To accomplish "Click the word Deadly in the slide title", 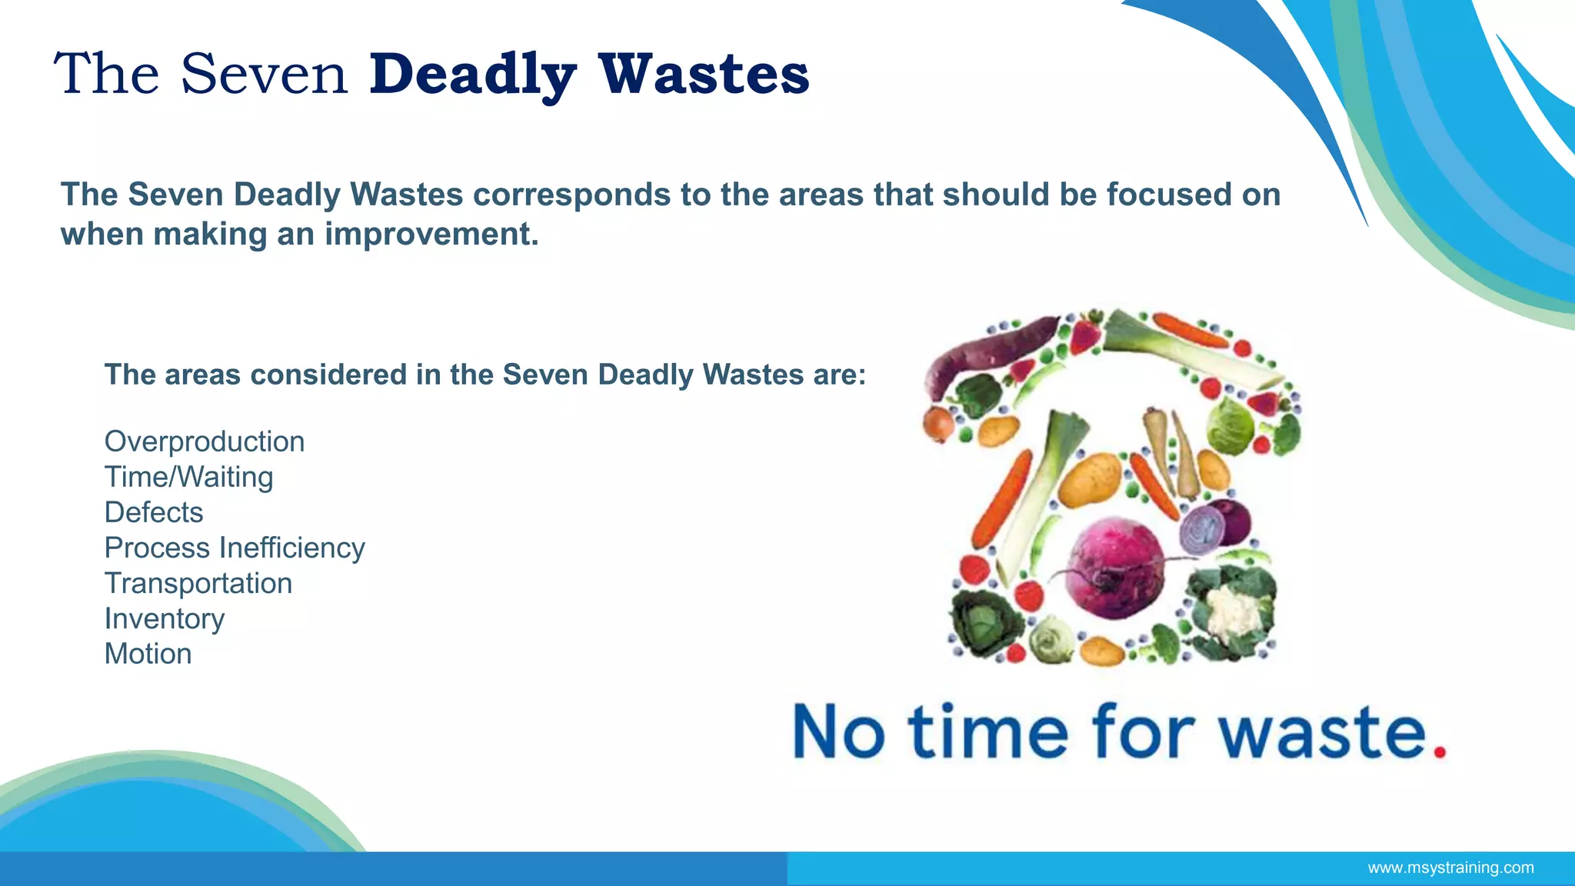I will (472, 75).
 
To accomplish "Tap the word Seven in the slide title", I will (264, 74).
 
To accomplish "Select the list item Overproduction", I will (205, 441).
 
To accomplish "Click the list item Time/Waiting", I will (188, 477).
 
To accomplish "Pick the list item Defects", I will (154, 512).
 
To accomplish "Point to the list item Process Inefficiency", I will (235, 548).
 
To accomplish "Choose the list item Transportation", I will (198, 583).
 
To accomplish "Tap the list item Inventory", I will (165, 618).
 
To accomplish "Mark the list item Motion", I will (148, 654).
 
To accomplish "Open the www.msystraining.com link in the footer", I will (1450, 868).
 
